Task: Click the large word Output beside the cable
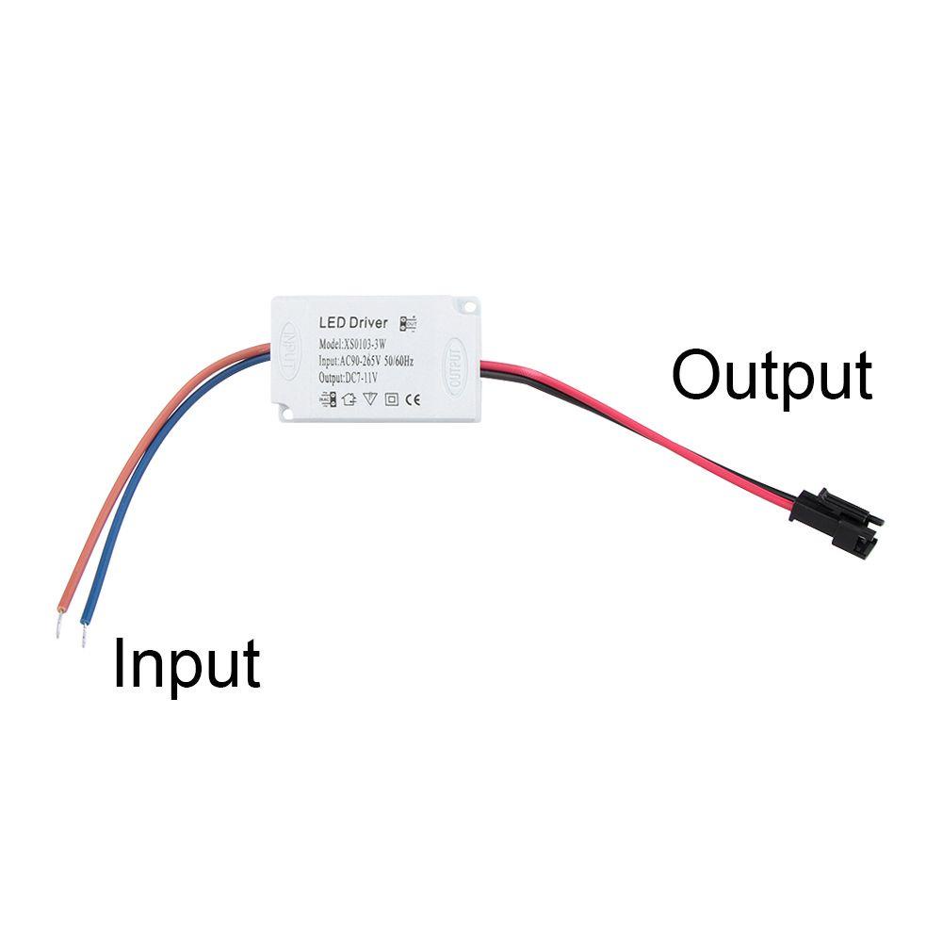click(x=771, y=376)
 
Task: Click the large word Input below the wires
click(x=186, y=664)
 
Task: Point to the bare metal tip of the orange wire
click(x=60, y=623)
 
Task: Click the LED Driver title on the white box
click(x=353, y=323)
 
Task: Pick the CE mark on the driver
click(x=413, y=398)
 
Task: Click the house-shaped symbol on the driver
click(x=349, y=398)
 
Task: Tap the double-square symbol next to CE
click(x=392, y=398)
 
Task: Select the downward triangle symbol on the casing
click(x=370, y=398)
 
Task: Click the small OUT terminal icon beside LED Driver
click(x=408, y=322)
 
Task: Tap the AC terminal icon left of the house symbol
click(x=326, y=399)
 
